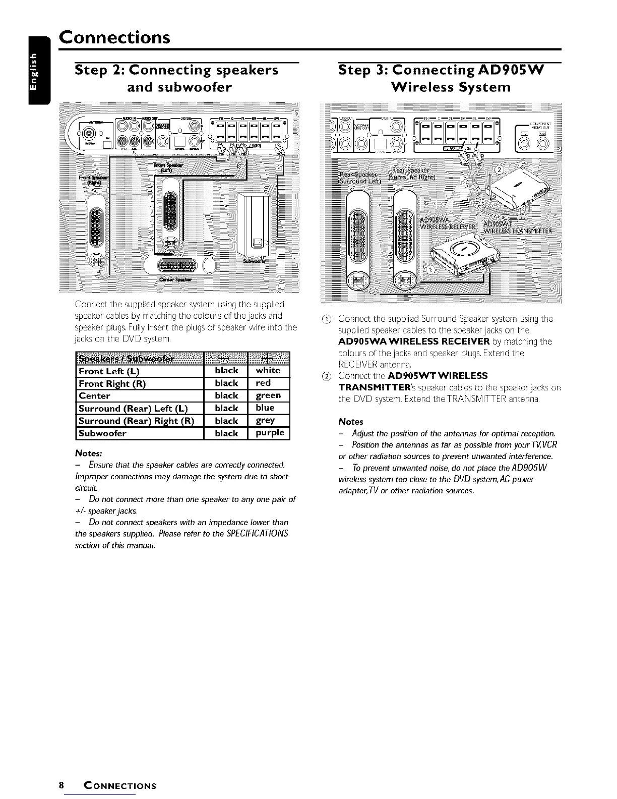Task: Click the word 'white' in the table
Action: tap(268, 371)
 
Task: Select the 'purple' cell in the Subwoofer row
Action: tap(270, 433)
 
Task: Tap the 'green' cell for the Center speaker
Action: tap(268, 395)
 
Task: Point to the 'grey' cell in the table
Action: tap(265, 421)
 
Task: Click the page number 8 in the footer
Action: tap(61, 785)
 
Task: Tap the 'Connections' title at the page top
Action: tap(114, 37)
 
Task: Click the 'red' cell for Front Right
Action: tap(263, 383)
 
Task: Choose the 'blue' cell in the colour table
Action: tap(265, 408)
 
